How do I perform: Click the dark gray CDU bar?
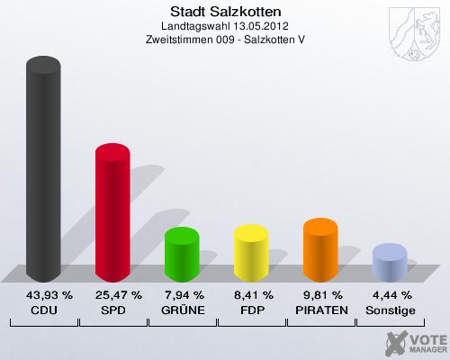44,171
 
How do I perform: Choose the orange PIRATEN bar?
320,250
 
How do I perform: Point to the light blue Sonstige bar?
390,264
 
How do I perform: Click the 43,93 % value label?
44,295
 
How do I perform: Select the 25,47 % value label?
112,295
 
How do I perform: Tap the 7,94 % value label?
182,295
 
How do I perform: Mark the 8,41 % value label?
251,295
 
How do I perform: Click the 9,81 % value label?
320,295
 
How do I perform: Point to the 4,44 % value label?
390,295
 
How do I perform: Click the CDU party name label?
44,310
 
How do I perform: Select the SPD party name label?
112,310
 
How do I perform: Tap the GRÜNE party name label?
182,310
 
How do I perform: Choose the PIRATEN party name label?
320,310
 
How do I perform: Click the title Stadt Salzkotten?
225,12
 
